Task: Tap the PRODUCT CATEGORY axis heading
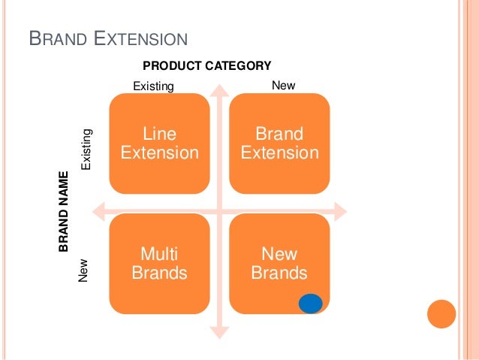point(206,66)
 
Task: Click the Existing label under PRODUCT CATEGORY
point(153,86)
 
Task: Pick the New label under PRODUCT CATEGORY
point(283,86)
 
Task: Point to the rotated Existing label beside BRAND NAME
point(87,149)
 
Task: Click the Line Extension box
point(159,143)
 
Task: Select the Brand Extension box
point(279,143)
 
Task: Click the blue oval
point(310,303)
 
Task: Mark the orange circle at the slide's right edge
point(441,314)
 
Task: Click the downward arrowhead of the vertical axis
point(219,331)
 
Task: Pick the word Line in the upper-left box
point(159,134)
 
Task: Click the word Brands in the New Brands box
point(279,273)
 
